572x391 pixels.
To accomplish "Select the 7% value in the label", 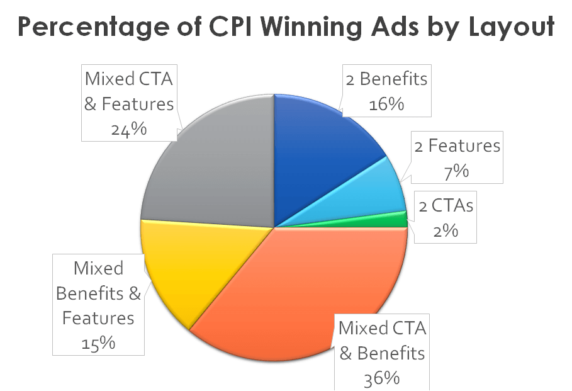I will click(457, 171).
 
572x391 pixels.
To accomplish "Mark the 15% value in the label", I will click(98, 343).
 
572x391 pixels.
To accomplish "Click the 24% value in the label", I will click(129, 129).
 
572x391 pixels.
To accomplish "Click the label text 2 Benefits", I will click(386, 79).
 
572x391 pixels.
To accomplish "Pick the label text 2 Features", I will click(457, 146).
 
